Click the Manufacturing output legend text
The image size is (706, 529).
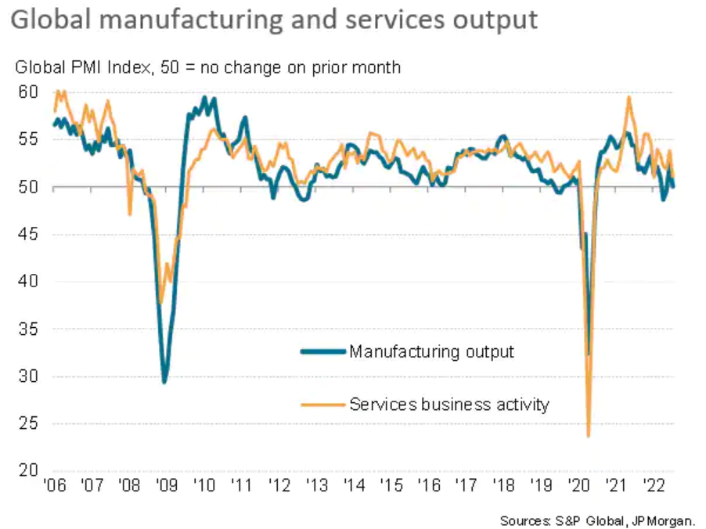coord(432,351)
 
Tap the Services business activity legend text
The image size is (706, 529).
coord(449,405)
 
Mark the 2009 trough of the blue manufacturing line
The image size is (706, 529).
coord(164,382)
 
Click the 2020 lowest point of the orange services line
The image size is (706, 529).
coord(588,436)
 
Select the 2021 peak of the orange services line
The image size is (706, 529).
coord(629,97)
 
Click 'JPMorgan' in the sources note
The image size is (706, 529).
coord(669,520)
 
